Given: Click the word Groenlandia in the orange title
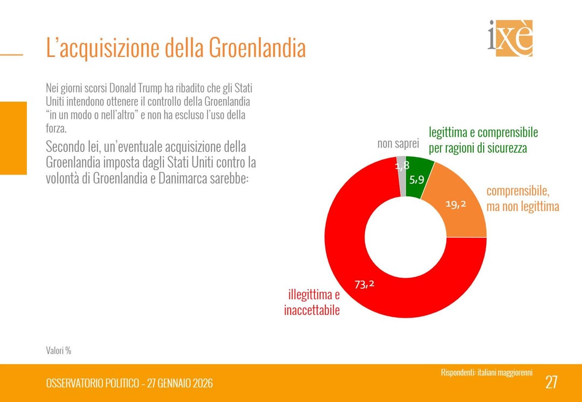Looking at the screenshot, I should point(257,48).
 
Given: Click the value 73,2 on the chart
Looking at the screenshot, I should point(364,284).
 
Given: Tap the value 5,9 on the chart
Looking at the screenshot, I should point(417,180).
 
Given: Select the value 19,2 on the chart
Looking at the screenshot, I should point(455,204).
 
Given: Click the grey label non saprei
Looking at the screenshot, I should point(398,144).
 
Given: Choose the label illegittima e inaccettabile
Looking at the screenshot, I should point(313,302).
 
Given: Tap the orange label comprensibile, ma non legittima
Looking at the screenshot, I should point(522,199).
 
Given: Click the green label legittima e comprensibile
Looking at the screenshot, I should point(483,139).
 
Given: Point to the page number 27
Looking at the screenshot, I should point(551,382).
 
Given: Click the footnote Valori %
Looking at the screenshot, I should point(58,350).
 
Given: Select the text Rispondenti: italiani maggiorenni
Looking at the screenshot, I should point(486,372).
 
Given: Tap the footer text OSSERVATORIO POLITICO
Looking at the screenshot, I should point(92,383).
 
